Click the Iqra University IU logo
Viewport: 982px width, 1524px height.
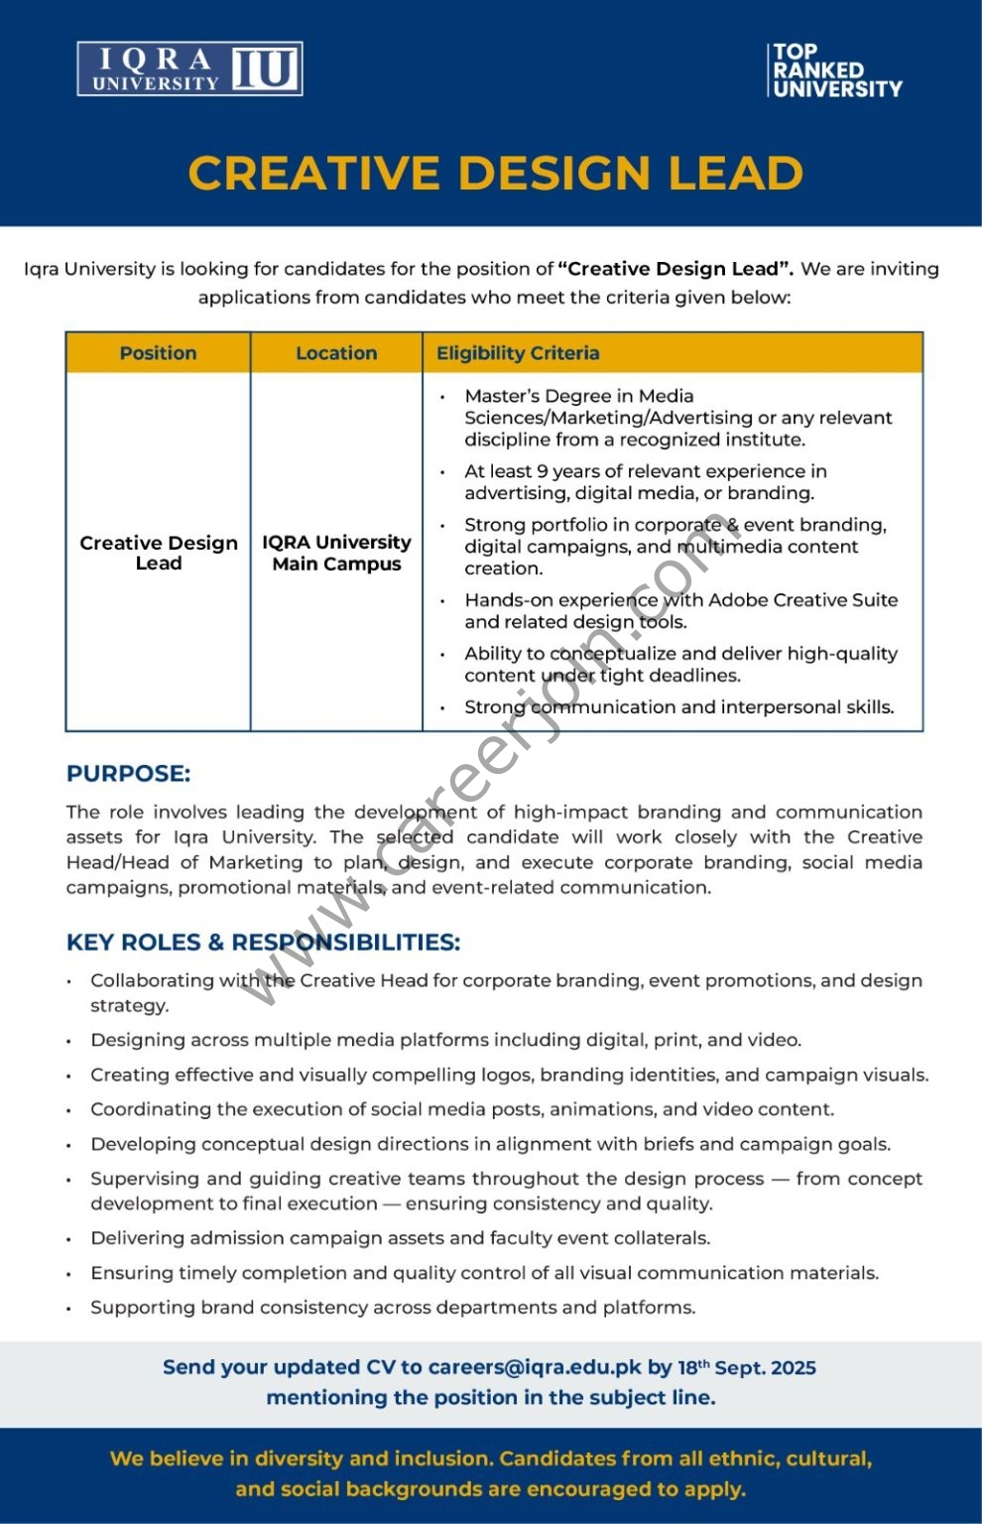[189, 69]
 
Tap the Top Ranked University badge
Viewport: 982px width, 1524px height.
[835, 70]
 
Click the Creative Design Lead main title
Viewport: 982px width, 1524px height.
[495, 174]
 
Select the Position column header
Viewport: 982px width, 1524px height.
[158, 353]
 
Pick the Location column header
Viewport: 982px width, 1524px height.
[336, 353]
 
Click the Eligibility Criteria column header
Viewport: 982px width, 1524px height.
[518, 353]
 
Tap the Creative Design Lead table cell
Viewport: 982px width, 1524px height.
[159, 553]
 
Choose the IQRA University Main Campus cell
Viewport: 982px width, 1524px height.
[336, 553]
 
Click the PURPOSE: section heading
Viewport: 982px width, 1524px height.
[128, 774]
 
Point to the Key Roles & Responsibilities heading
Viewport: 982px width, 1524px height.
[263, 943]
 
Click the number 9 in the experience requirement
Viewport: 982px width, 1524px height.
[542, 471]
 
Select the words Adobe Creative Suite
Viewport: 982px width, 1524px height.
[803, 600]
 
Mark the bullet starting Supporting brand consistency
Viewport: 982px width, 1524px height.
[393, 1308]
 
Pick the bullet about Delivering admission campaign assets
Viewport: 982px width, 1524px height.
[400, 1238]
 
